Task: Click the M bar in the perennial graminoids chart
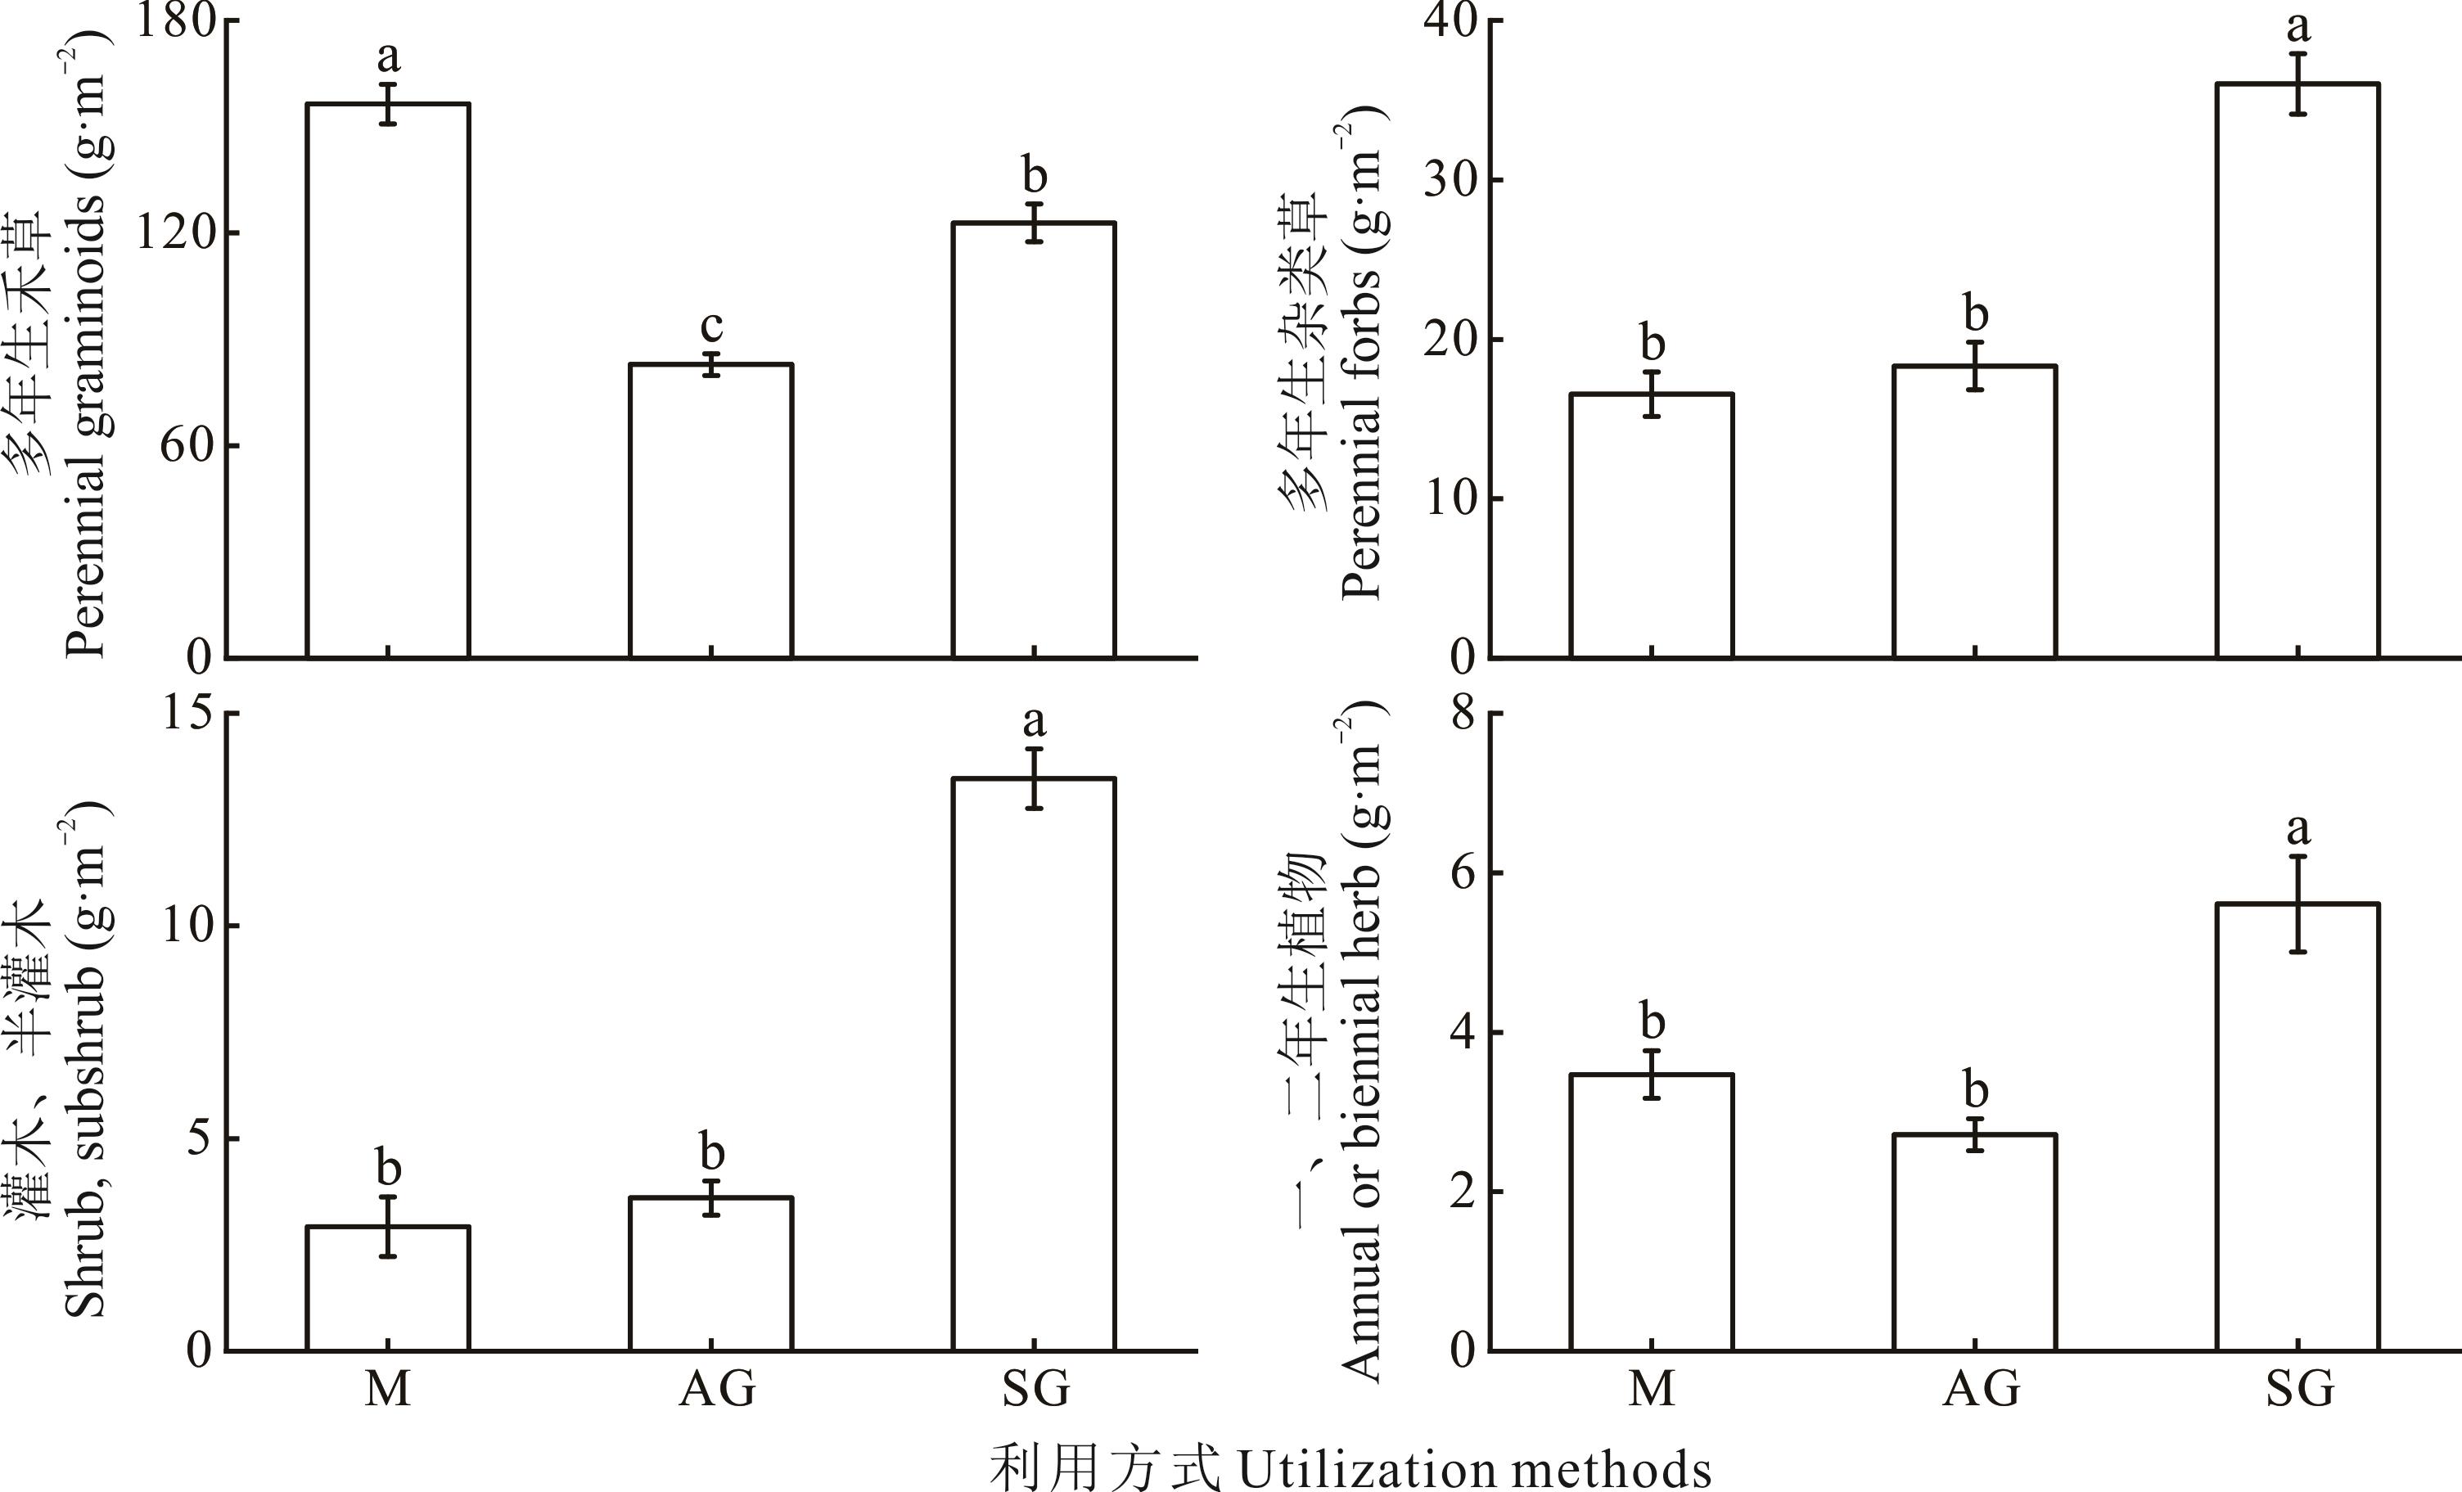(388, 380)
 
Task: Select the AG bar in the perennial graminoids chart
(710, 510)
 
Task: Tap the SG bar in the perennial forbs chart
(2298, 370)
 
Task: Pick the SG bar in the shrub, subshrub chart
(1033, 1064)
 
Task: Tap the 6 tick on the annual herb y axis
(1463, 873)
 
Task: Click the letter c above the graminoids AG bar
(710, 326)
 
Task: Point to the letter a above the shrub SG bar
(1035, 720)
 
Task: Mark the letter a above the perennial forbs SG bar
(2298, 27)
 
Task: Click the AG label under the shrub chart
(715, 1389)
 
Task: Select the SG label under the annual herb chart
(2299, 1389)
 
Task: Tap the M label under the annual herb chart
(1652, 1389)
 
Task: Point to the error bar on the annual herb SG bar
(2298, 904)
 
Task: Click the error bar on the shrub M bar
(388, 1226)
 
